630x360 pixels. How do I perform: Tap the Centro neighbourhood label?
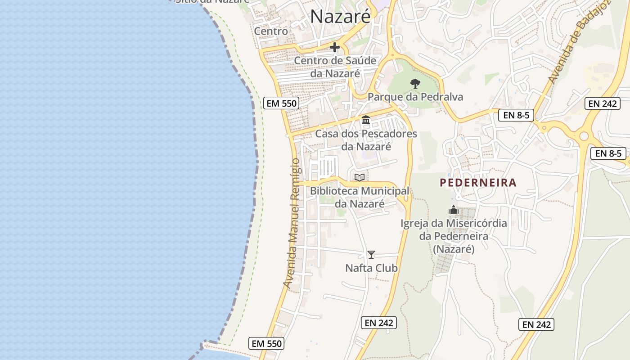pos(271,31)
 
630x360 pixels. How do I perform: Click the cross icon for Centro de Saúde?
pos(335,47)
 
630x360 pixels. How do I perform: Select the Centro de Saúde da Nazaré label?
pos(335,67)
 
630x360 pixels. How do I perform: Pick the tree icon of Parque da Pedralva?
pos(415,83)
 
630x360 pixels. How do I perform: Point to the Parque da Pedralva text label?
pos(415,97)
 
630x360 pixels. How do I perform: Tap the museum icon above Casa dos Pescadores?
pos(366,120)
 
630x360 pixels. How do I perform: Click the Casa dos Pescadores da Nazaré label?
pos(366,140)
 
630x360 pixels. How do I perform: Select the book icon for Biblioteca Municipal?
pos(359,177)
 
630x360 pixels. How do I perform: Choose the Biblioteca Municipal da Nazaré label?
pos(360,197)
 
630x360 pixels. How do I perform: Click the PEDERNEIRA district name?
pos(478,183)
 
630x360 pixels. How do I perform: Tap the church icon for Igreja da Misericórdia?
pos(453,210)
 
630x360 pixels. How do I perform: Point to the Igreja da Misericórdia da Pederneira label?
pos(454,236)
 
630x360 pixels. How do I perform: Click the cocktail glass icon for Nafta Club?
pos(371,255)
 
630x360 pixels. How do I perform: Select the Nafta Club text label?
pos(371,268)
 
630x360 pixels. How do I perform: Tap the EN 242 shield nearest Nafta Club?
pos(378,323)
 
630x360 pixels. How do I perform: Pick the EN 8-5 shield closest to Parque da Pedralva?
pos(516,115)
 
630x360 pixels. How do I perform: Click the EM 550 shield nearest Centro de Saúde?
pos(282,103)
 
